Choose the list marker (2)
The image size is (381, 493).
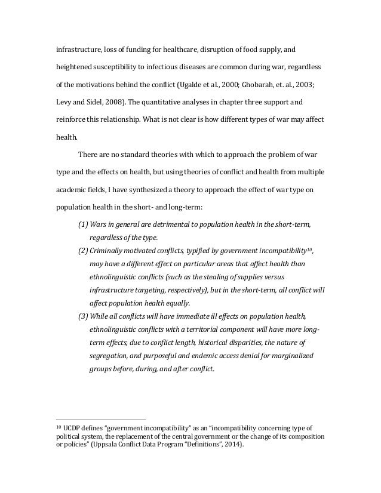pos(84,250)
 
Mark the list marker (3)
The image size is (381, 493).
pos(84,316)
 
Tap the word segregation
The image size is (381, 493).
pos(110,355)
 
